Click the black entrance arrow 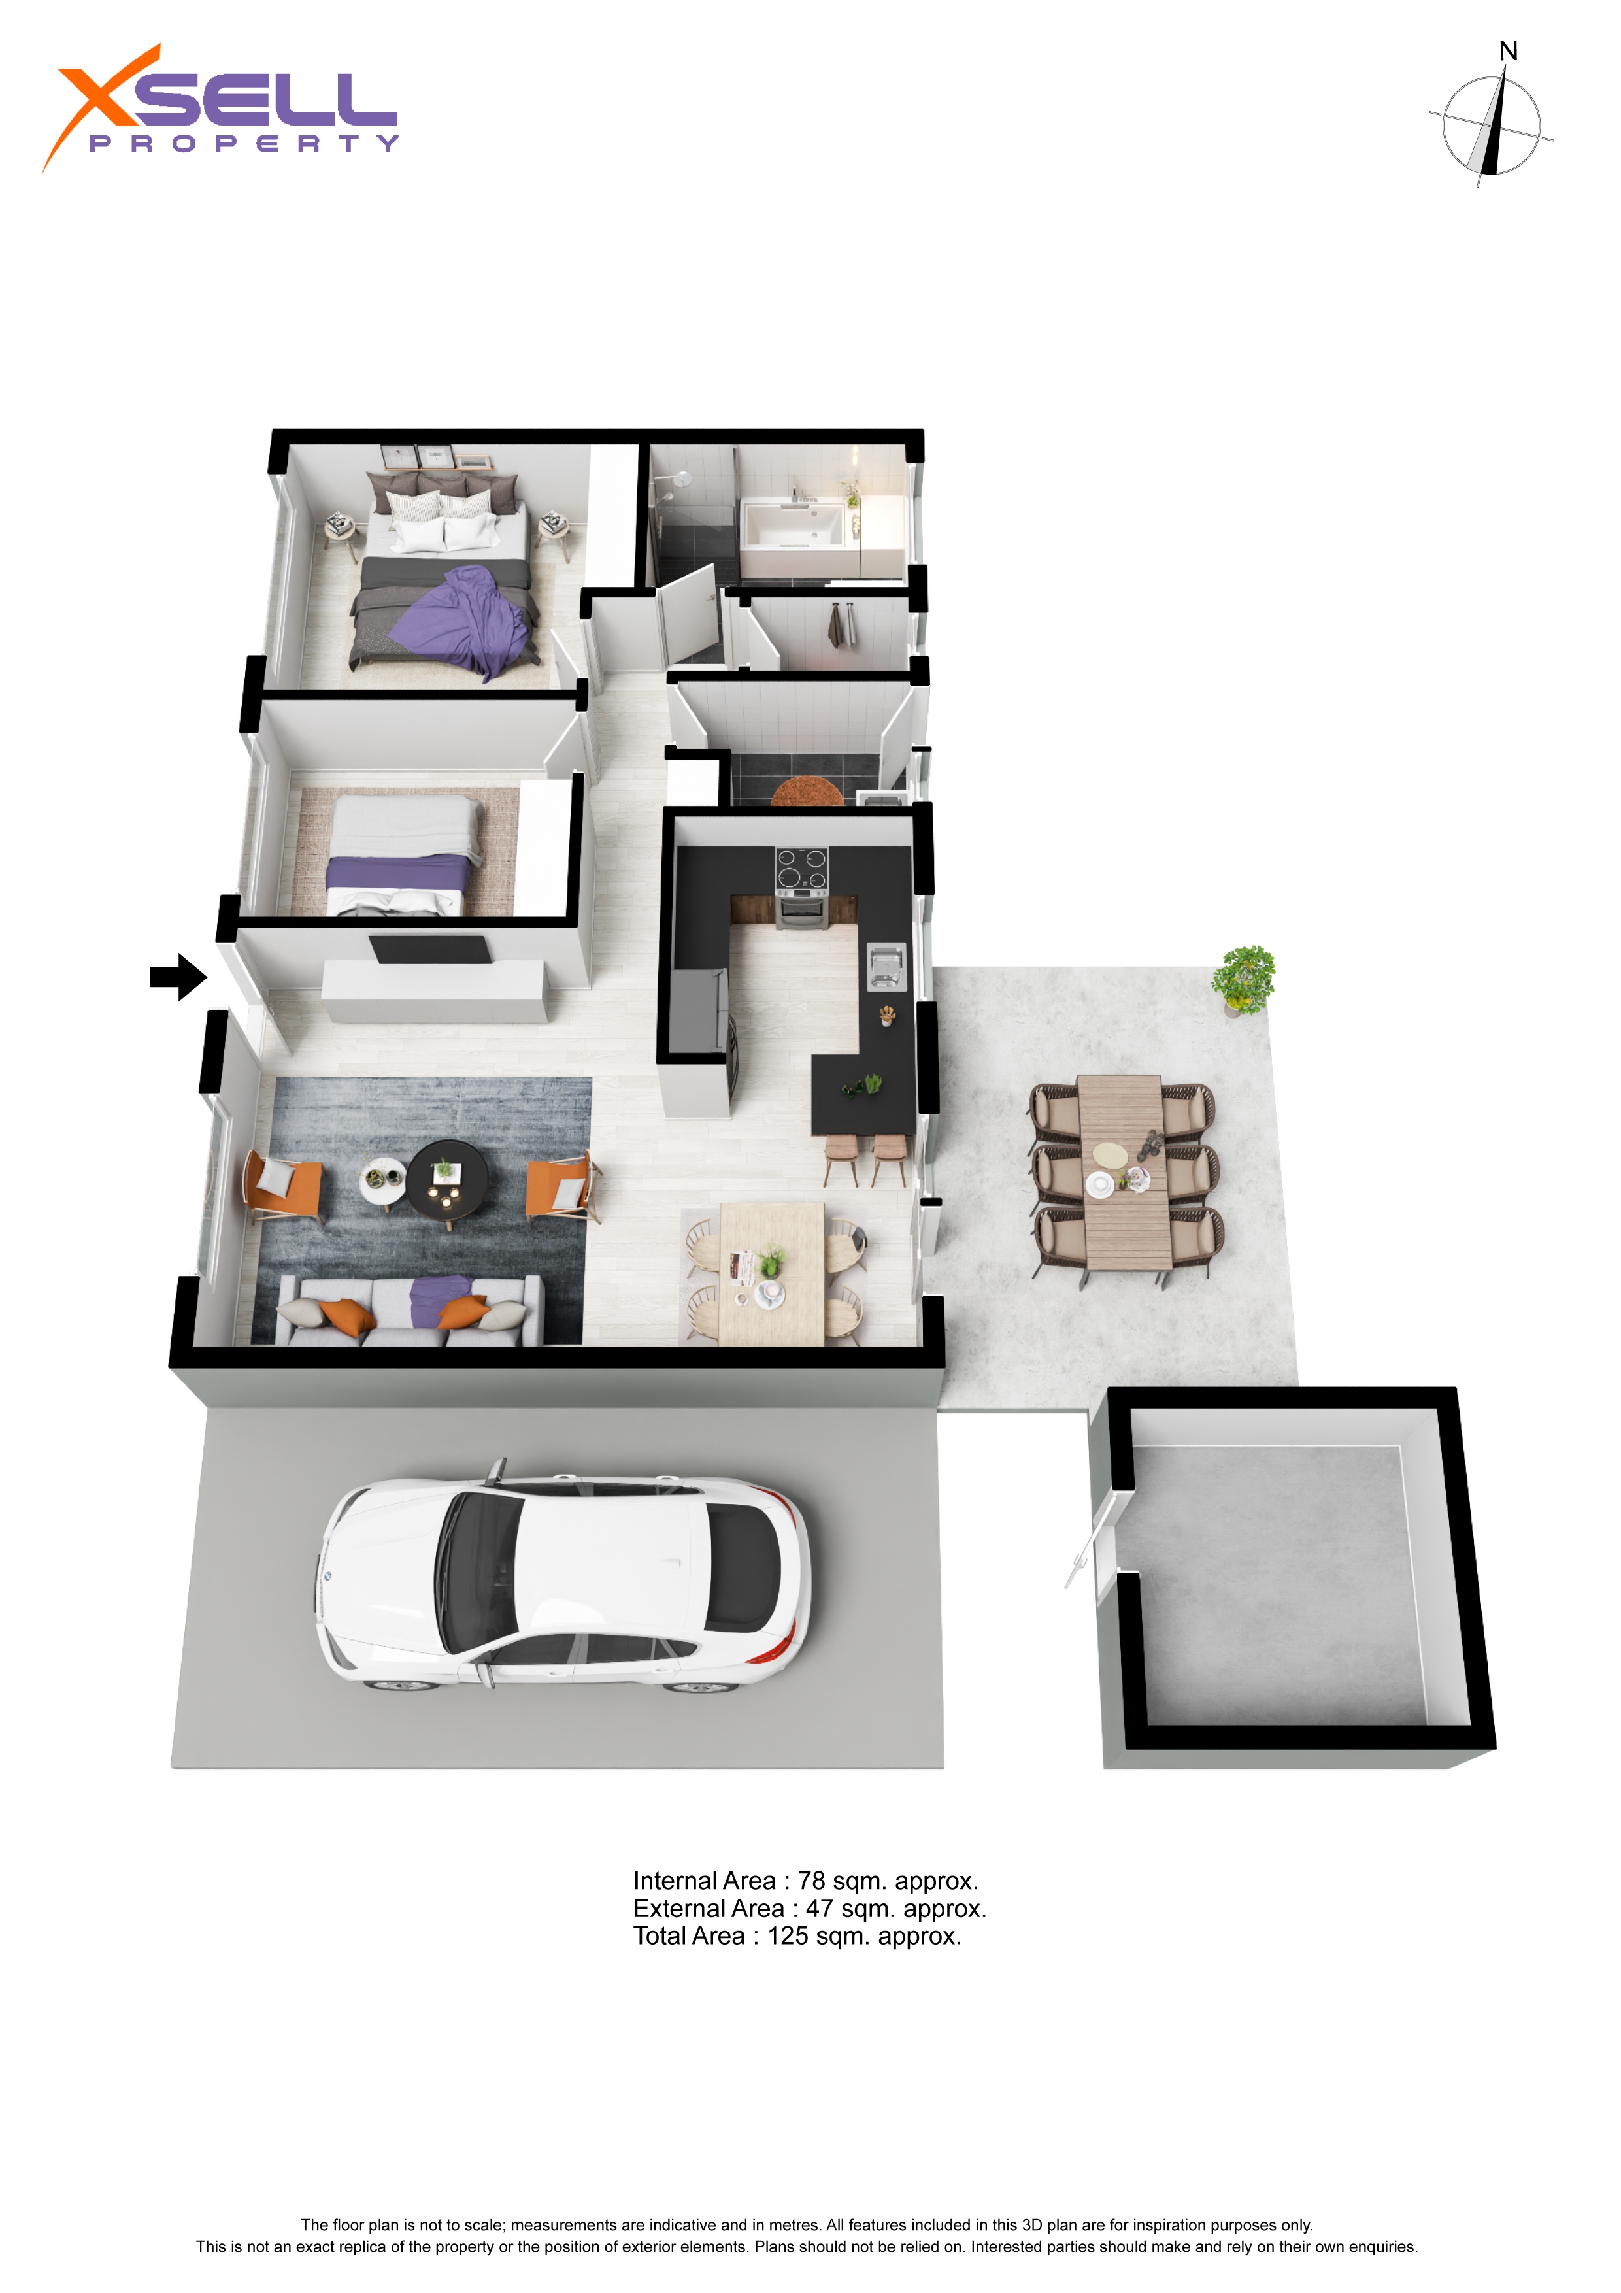tap(178, 977)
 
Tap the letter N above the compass tap(1508, 51)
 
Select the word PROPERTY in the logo tap(244, 144)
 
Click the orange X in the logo tap(100, 105)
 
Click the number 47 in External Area tap(820, 1909)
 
